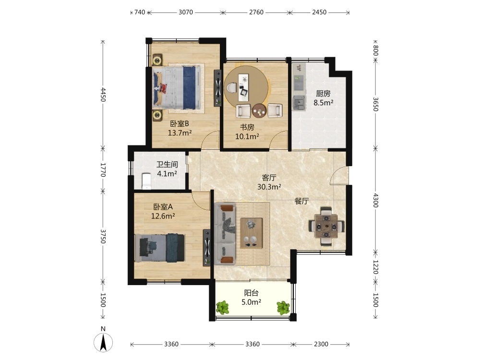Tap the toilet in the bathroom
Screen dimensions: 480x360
click(147, 181)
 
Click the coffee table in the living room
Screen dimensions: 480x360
click(252, 233)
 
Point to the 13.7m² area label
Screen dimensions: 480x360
click(180, 133)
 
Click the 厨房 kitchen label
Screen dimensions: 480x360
click(323, 94)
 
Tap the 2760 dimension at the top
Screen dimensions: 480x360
click(256, 12)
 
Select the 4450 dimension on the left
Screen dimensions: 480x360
click(103, 94)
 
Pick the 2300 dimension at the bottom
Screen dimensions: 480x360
click(321, 344)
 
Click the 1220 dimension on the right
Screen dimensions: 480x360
click(376, 267)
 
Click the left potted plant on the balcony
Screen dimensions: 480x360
click(223, 307)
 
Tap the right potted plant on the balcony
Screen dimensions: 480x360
click(283, 308)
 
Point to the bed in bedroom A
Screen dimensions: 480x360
click(160, 248)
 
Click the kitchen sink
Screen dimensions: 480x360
click(299, 103)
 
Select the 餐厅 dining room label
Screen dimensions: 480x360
click(301, 201)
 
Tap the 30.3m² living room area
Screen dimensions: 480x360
click(269, 187)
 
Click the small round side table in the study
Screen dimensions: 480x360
click(260, 110)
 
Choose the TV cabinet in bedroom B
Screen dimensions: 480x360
click(217, 88)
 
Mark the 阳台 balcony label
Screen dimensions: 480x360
click(252, 293)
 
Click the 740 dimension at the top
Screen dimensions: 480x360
click(140, 12)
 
